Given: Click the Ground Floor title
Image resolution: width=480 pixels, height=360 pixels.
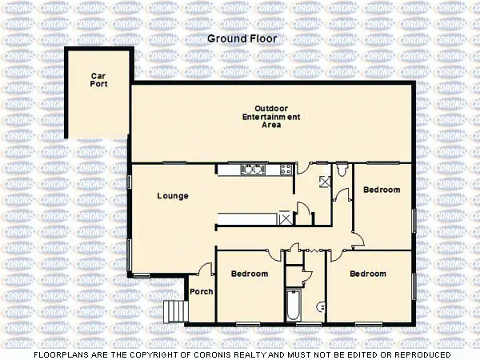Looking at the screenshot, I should tap(240, 38).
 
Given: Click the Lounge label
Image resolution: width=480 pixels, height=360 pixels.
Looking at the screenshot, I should tap(172, 195).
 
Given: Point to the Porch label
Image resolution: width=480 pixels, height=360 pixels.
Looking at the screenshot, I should tap(201, 291).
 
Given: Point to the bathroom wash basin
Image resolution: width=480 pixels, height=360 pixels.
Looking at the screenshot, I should tap(320, 305).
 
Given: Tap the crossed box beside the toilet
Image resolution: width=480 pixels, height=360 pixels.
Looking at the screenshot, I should tap(325, 181).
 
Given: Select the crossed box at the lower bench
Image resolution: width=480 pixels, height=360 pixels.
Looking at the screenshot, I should tap(286, 218).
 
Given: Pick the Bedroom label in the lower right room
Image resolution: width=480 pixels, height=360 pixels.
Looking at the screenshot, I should tap(368, 274).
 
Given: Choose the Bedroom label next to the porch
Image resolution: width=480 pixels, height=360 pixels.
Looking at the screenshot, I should tap(250, 274).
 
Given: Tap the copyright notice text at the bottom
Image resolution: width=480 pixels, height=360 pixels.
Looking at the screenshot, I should tap(240, 354).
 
